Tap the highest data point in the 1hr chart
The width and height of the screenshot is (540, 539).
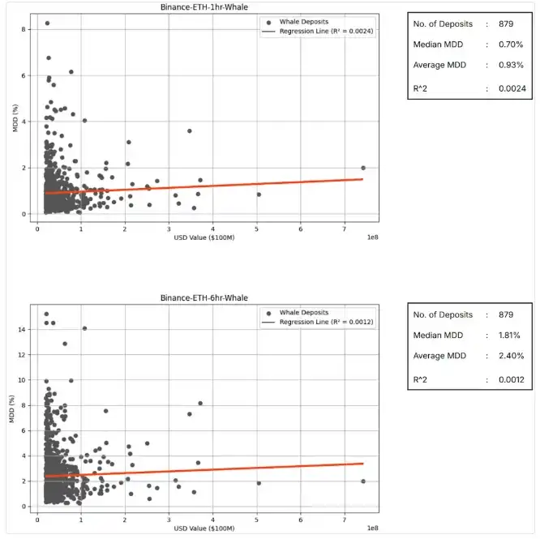[x=47, y=24]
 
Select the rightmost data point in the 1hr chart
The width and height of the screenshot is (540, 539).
[x=363, y=168]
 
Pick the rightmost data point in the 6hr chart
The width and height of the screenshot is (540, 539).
[x=363, y=481]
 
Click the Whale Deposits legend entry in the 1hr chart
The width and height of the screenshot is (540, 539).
[x=302, y=21]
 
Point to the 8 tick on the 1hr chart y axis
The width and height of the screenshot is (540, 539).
[x=27, y=29]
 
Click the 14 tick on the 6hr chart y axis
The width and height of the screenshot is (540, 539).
[x=24, y=329]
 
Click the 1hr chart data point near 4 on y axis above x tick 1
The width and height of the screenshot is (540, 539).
[x=84, y=121]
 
